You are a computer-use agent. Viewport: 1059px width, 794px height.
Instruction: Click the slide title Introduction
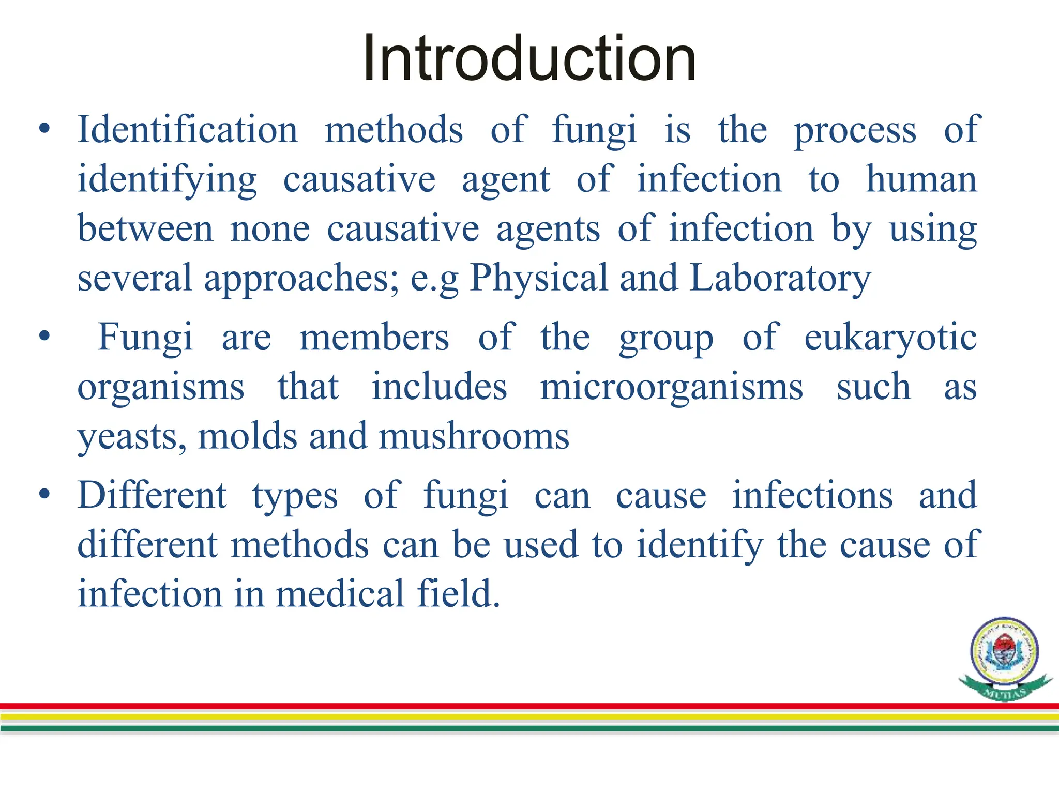(529, 58)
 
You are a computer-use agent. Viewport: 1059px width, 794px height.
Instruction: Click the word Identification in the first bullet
(188, 129)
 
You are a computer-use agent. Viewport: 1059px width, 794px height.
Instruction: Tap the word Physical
(538, 278)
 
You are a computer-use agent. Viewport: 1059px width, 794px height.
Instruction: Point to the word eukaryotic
(890, 338)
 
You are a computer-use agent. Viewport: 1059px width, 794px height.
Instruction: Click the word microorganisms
(671, 387)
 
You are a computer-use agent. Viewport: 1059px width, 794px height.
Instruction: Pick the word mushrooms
(474, 436)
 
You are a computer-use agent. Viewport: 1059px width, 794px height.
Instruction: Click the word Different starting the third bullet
(152, 495)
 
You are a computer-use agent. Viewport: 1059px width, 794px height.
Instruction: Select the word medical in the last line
(340, 593)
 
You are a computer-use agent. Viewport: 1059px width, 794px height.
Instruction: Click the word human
(921, 179)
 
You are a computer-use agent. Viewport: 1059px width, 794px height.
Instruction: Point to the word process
(855, 130)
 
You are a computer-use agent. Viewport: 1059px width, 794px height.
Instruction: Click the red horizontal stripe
(529, 706)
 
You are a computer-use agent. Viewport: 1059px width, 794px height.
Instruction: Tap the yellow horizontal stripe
(529, 717)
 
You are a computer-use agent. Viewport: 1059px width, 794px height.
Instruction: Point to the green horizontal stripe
(529, 728)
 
